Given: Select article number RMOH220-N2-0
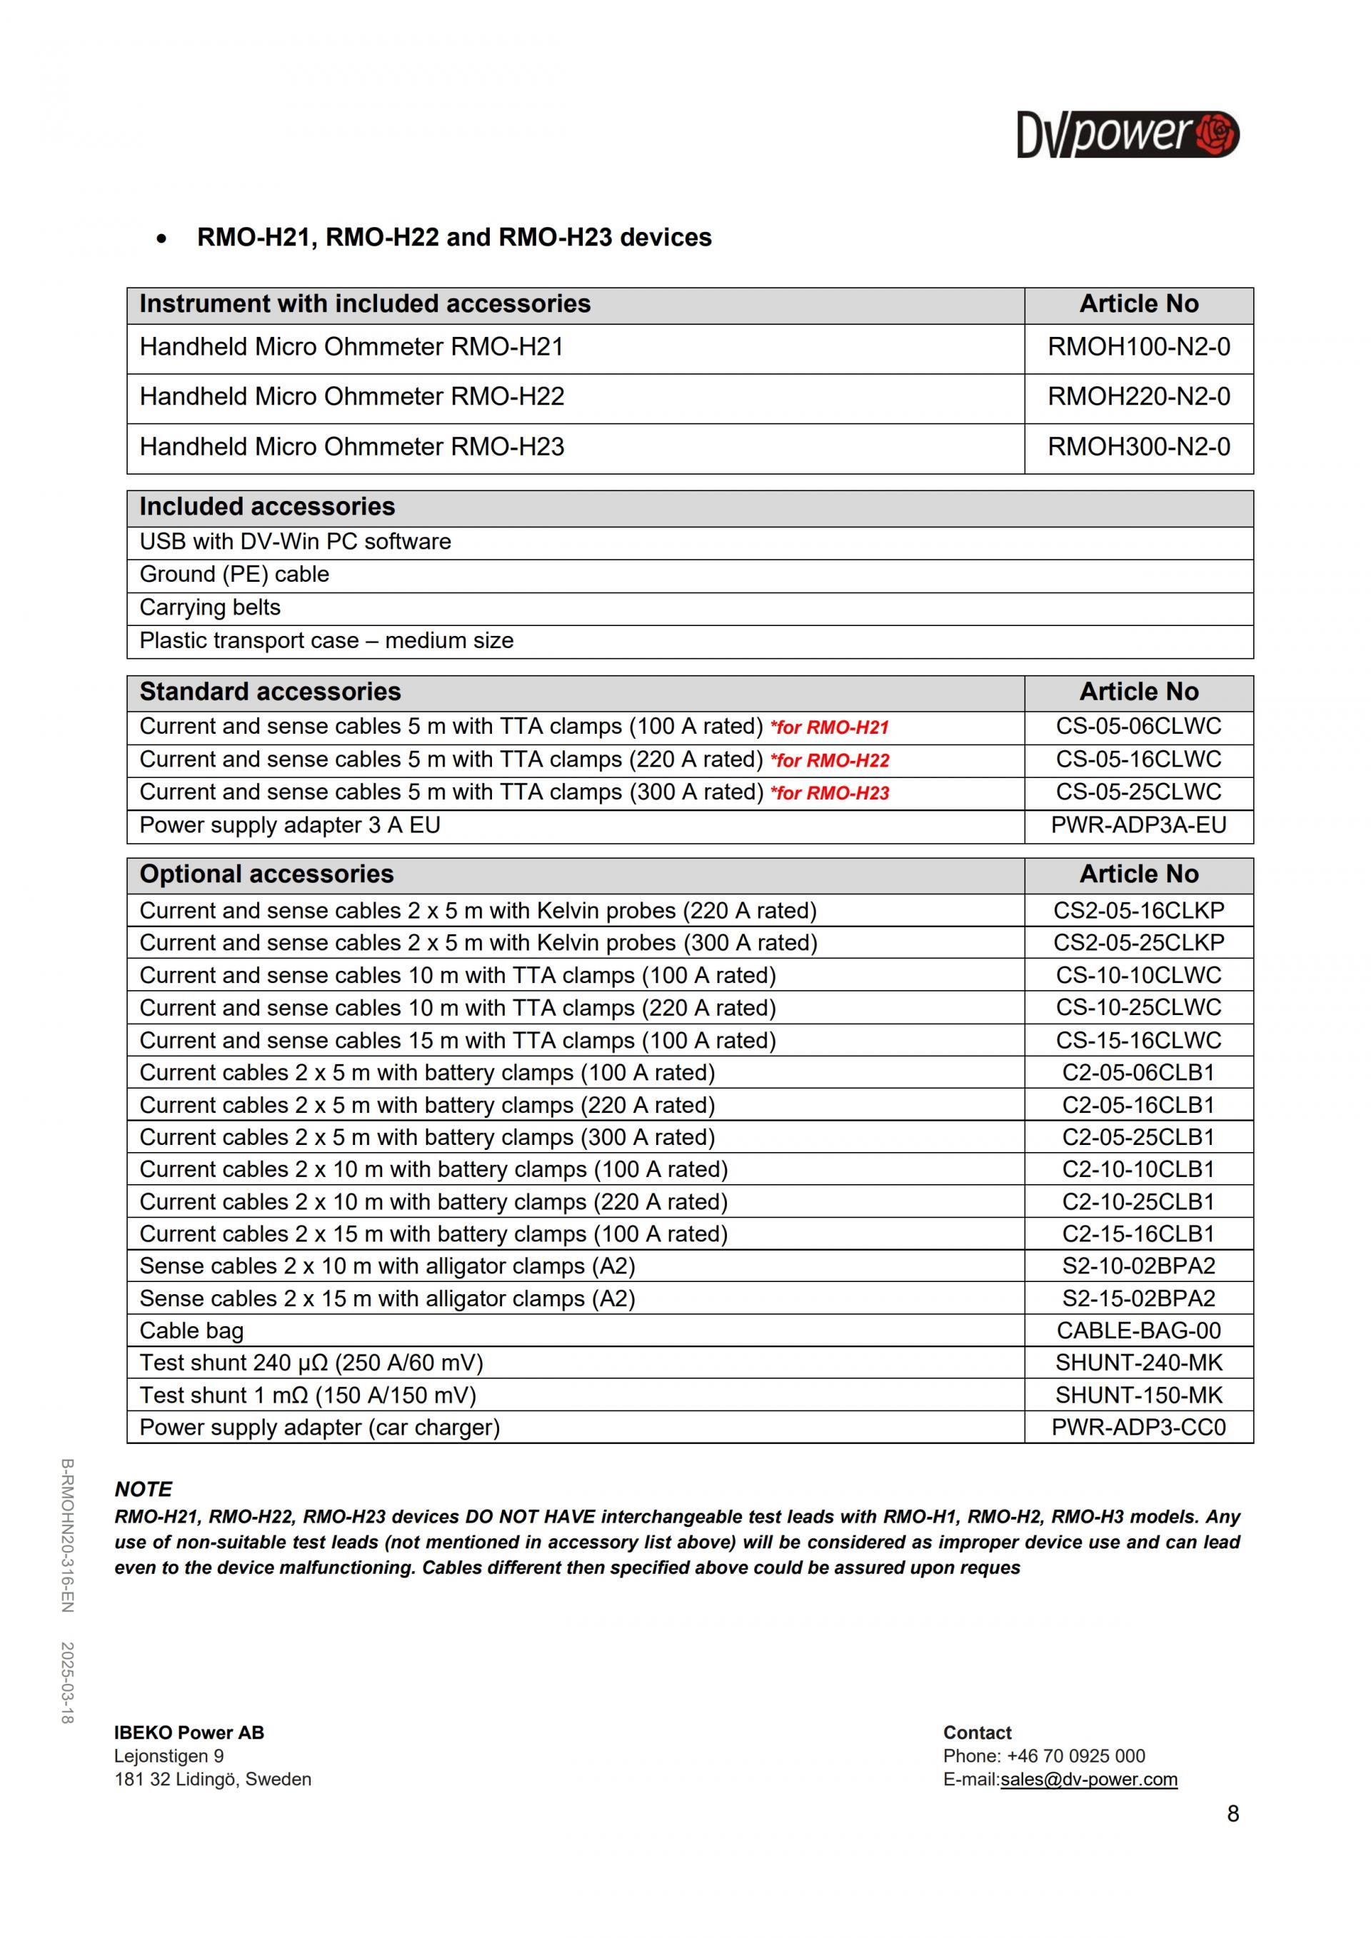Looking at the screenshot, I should click(x=1138, y=397).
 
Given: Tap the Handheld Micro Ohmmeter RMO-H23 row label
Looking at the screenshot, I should click(x=351, y=447).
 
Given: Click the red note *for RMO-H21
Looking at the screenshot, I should click(x=829, y=727).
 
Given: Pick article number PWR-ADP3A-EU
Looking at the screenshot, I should click(x=1138, y=825).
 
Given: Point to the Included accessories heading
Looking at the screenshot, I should click(x=267, y=506).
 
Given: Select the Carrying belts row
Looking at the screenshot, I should click(x=209, y=607).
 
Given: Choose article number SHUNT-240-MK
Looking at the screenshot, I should click(x=1138, y=1363).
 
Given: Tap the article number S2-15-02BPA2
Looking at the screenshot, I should click(x=1138, y=1299).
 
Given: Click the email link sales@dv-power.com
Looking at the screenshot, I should click(x=1088, y=1780).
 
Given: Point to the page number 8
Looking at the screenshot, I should click(x=1232, y=1814).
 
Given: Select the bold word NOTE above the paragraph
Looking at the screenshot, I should click(x=144, y=1489).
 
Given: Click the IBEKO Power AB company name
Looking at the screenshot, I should click(x=189, y=1733).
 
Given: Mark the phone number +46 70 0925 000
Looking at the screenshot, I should click(x=1075, y=1757).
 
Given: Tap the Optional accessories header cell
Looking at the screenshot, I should click(x=267, y=874).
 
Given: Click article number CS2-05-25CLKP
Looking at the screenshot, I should click(x=1138, y=943).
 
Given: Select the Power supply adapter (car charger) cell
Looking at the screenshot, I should click(x=319, y=1428).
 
